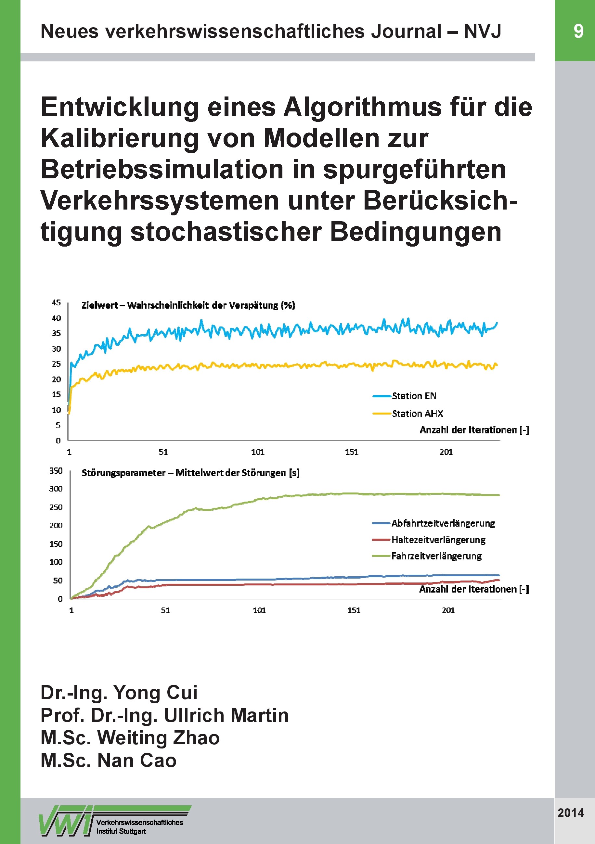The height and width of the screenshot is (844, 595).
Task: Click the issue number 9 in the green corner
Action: (x=578, y=31)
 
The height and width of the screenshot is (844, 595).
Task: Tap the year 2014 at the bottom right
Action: (x=571, y=812)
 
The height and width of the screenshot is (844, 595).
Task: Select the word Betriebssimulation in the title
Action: (x=162, y=170)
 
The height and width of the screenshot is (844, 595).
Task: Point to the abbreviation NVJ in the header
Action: (x=482, y=31)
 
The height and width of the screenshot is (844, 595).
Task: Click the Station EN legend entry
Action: (x=414, y=396)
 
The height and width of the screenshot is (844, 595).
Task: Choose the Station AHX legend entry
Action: (x=417, y=414)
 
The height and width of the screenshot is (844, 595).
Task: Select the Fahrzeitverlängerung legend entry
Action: (x=436, y=556)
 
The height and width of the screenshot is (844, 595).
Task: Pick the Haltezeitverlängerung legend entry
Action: (x=438, y=540)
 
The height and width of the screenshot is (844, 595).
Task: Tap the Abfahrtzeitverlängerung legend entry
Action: (x=443, y=523)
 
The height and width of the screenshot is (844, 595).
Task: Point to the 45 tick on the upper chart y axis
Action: (x=56, y=302)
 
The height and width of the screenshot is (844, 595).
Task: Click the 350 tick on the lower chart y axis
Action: (x=56, y=470)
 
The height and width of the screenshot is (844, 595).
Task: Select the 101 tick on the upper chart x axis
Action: (x=257, y=452)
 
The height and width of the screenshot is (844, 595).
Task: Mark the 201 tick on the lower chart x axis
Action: (x=448, y=610)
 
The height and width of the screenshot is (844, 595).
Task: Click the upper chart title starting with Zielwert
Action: (x=188, y=305)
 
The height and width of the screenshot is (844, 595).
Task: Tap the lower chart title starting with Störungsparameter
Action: (x=190, y=473)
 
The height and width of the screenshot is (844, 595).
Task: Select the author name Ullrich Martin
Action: (x=226, y=715)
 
